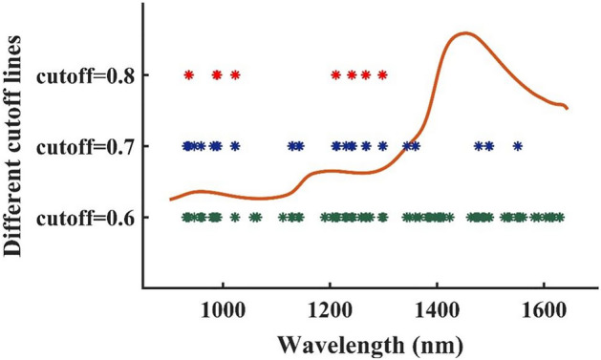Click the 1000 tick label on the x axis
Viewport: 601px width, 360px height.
point(223,308)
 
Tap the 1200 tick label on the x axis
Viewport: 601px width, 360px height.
point(330,308)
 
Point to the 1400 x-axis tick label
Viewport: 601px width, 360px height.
point(437,308)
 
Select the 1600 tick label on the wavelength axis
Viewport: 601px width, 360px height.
point(544,308)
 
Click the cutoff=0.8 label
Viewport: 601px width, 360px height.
point(82,74)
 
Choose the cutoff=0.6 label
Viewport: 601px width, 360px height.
point(82,218)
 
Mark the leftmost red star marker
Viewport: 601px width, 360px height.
point(188,74)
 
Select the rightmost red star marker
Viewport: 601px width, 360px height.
point(383,74)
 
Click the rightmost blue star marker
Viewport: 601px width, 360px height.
point(518,146)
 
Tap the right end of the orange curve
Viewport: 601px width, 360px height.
point(568,108)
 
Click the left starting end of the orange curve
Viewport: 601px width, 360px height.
point(170,199)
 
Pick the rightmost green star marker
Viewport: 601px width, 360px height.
point(560,218)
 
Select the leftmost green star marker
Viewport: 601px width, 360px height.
point(186,218)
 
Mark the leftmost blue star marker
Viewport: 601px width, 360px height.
point(186,146)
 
